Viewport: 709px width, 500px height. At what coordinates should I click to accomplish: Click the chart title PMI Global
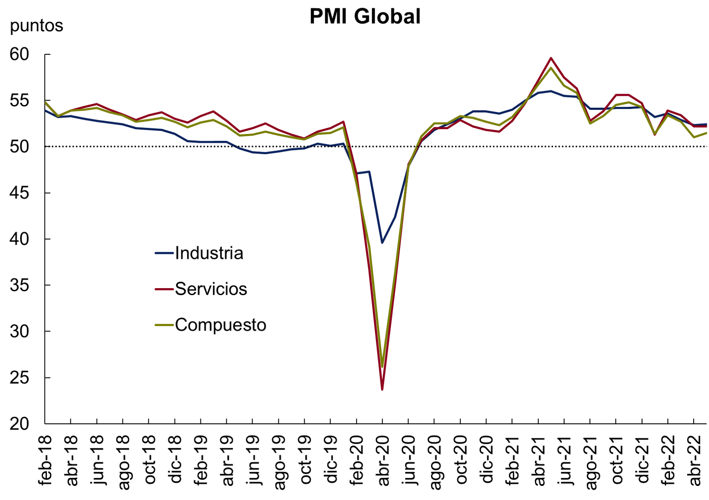coord(365,17)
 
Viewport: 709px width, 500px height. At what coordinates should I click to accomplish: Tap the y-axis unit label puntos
coord(36,26)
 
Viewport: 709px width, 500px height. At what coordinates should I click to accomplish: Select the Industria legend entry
coord(209,253)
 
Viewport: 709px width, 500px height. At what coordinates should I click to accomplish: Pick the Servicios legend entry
coord(211,289)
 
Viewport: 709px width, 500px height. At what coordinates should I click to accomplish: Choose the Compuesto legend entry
coord(220,325)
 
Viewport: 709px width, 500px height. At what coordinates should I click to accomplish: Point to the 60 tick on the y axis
coord(19,54)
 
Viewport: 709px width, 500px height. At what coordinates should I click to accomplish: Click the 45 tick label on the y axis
coord(19,193)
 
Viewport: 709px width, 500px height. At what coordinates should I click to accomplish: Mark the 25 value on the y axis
coord(19,377)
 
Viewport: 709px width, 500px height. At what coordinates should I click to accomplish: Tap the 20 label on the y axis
coord(19,424)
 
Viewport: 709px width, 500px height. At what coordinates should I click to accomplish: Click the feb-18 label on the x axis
coord(45,460)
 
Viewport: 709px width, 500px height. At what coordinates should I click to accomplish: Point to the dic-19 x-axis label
coord(331,460)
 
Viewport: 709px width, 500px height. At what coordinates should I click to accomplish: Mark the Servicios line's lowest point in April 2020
coord(382,389)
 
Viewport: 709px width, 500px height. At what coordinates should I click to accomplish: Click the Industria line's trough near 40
coord(382,243)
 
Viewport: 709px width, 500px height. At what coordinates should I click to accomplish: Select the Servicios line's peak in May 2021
coord(551,58)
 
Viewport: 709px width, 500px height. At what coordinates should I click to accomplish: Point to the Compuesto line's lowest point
coord(382,366)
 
